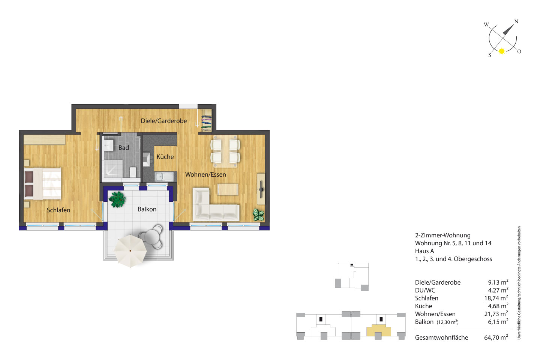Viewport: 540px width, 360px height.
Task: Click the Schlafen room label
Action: pyautogui.click(x=58, y=210)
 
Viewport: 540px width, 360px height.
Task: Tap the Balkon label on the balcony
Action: pyautogui.click(x=147, y=209)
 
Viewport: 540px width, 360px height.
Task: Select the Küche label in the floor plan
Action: pyautogui.click(x=165, y=157)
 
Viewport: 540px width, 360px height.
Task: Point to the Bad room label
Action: pyautogui.click(x=124, y=148)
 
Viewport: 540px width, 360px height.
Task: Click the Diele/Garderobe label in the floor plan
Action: pyautogui.click(x=163, y=121)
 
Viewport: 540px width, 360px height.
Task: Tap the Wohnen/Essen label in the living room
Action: pyautogui.click(x=205, y=174)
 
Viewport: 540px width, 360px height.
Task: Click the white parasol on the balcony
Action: pyautogui.click(x=130, y=251)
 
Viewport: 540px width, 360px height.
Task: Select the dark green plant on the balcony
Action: pyautogui.click(x=117, y=199)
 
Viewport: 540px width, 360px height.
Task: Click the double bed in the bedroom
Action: pyautogui.click(x=42, y=184)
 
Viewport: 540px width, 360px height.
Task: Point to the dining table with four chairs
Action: pyautogui.click(x=225, y=151)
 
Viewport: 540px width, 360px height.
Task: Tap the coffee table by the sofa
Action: pyautogui.click(x=228, y=189)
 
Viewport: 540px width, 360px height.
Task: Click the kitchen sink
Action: pyautogui.click(x=164, y=177)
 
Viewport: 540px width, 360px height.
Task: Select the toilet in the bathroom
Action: pyautogui.click(x=133, y=172)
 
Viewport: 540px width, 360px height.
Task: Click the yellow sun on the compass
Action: pyautogui.click(x=502, y=51)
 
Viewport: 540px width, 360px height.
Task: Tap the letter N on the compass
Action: pyautogui.click(x=516, y=21)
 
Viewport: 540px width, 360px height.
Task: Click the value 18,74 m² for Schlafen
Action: pyautogui.click(x=496, y=298)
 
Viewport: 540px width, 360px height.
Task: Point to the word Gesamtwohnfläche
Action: pyautogui.click(x=441, y=337)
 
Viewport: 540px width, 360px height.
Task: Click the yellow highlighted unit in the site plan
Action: pyautogui.click(x=378, y=330)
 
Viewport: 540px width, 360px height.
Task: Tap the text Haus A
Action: pyautogui.click(x=424, y=251)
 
